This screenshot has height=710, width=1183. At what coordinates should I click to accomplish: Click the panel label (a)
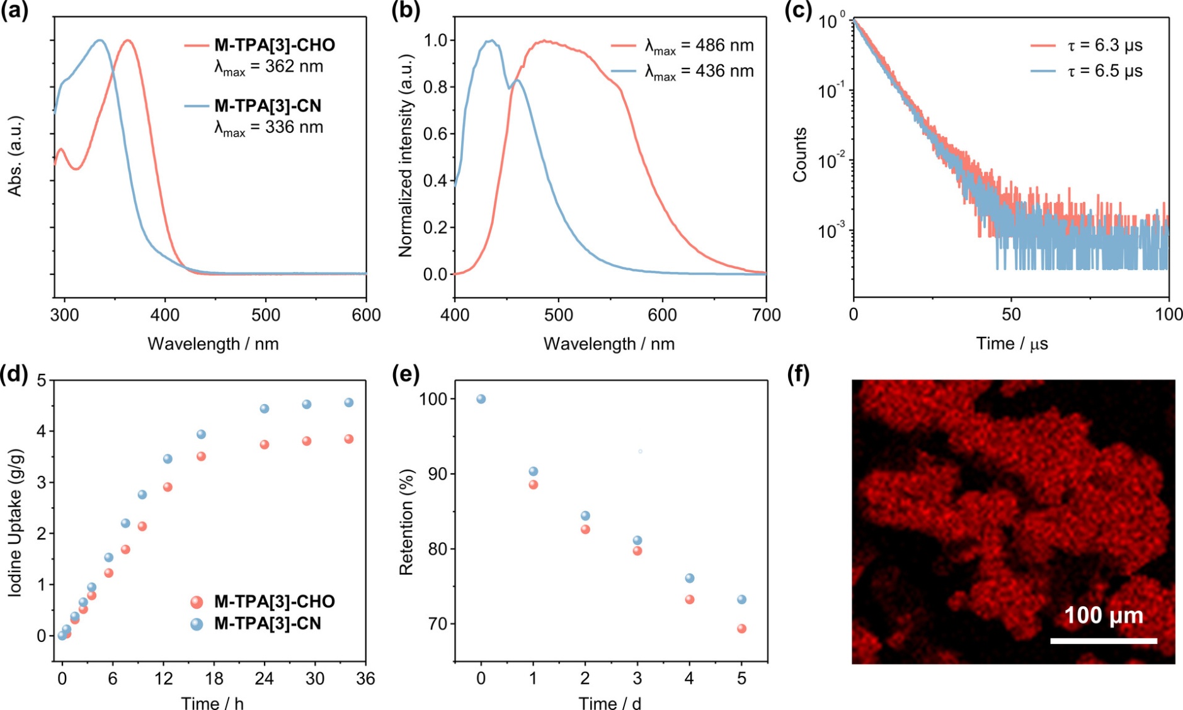point(14,11)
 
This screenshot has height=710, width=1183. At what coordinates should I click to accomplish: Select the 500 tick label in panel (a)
point(266,315)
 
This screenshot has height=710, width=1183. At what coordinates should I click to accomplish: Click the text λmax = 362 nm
point(269,67)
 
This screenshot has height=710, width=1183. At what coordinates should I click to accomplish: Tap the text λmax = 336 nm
point(269,127)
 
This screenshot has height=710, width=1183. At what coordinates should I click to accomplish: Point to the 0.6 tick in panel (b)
point(435,133)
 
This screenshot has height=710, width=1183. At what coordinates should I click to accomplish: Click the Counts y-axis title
point(800,155)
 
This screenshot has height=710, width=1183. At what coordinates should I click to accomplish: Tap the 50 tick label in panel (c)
point(1011,315)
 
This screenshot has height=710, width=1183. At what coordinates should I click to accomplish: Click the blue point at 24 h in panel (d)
point(265,409)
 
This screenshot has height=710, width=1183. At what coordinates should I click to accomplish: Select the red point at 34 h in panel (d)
point(348,439)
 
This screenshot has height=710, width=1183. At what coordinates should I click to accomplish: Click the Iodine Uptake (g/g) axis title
point(15,522)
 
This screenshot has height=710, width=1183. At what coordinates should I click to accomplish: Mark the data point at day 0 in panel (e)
point(481,399)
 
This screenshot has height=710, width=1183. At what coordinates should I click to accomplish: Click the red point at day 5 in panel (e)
point(741,628)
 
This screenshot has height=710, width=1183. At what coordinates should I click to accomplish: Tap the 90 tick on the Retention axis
point(435,474)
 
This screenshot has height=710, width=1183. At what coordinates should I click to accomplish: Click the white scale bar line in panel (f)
point(1104,641)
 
